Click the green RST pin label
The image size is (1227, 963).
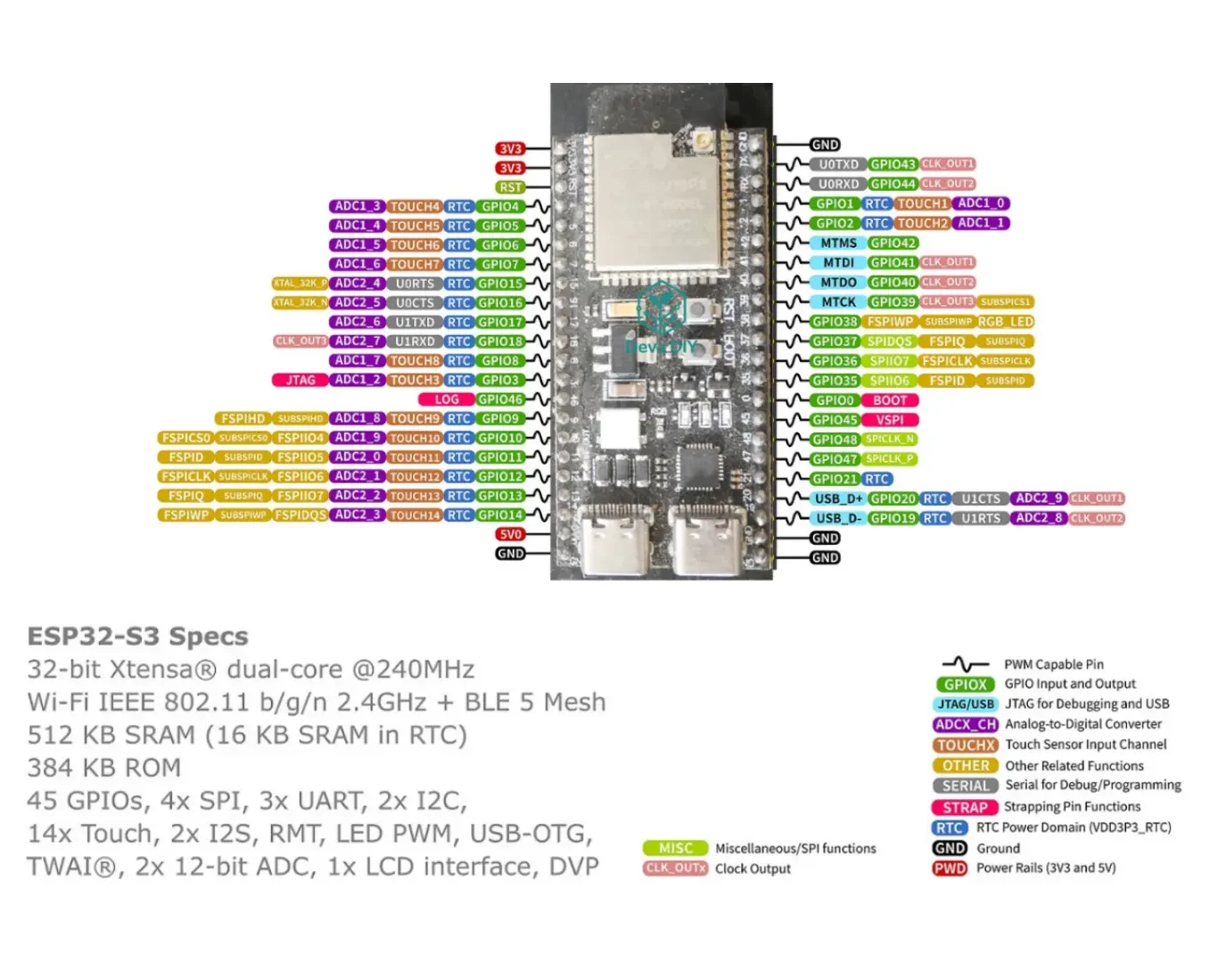coord(510,187)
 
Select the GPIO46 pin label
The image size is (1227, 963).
coord(500,399)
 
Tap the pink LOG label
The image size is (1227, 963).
coord(447,399)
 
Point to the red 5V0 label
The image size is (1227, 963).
coord(510,535)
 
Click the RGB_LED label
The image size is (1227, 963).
coord(1005,322)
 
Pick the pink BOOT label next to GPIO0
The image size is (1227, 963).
coord(889,400)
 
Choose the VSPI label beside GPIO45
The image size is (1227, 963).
coord(889,420)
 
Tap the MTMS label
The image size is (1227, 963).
coord(838,243)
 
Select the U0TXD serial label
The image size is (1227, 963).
coord(838,164)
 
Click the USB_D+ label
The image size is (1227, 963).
coord(838,498)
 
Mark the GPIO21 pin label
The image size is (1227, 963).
coord(835,479)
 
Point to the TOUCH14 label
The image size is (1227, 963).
coord(415,515)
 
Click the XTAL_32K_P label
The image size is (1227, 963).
coord(301,284)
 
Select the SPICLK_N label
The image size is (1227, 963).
coord(889,440)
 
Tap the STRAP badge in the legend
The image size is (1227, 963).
coord(965,807)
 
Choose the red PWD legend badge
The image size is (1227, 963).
coord(950,868)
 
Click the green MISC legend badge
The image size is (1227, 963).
coord(675,848)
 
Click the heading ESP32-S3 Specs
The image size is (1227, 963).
coord(138,637)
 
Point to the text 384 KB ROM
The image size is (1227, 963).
coord(104,768)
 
